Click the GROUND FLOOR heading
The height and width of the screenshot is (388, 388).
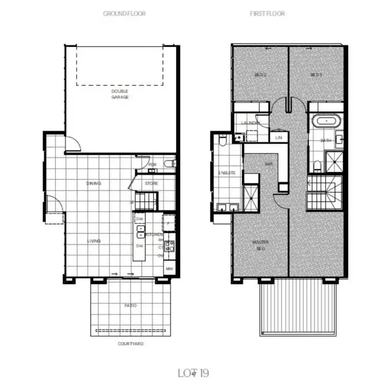124,13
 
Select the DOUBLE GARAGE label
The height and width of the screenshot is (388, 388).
120,94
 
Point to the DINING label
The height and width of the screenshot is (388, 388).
94,183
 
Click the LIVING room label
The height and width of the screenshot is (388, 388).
94,241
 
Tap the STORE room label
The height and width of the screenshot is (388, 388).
152,184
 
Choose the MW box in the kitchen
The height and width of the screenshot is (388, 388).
169,269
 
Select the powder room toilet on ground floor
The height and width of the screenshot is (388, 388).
169,164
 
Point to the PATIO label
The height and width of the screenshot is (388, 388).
130,306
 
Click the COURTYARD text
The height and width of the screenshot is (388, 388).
130,344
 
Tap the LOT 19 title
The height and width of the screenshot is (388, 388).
193,372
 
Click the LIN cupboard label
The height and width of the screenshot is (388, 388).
278,138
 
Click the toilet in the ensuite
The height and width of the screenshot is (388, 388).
221,141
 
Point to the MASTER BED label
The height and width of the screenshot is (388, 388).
260,245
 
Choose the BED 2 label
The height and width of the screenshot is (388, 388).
260,74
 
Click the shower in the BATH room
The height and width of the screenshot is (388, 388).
333,161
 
